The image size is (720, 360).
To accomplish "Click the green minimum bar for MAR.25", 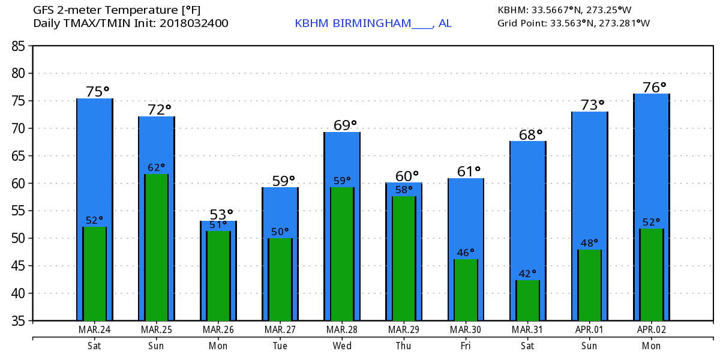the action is coord(156,247).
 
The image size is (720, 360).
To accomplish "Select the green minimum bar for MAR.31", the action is coord(527,300).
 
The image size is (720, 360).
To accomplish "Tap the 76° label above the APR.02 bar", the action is coord(654,88).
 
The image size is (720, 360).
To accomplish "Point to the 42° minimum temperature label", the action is coord(527,274).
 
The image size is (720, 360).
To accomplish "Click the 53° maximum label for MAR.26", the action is coord(221,214).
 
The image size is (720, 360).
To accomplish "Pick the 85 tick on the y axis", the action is coord(18,46).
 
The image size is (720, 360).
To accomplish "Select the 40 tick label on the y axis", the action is coord(18,293).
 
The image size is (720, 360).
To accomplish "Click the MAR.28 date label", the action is coord(341,329).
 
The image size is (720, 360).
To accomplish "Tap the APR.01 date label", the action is coord(589,329).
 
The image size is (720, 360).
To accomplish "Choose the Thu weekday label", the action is coord(403,346).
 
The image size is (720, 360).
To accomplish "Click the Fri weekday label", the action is coord(466,346).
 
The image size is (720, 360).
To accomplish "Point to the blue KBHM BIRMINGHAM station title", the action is coord(373,23).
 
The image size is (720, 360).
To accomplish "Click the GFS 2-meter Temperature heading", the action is coord(116,10).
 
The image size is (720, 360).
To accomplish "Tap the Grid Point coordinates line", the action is coord(574,23).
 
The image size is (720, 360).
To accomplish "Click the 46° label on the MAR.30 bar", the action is coord(466,253).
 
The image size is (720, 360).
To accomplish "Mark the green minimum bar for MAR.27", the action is coord(280,280).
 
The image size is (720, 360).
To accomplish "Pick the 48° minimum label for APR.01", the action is coord(589,243).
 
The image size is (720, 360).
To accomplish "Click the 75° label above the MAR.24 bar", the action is coord(97,92).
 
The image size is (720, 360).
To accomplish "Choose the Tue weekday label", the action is coord(280,346).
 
